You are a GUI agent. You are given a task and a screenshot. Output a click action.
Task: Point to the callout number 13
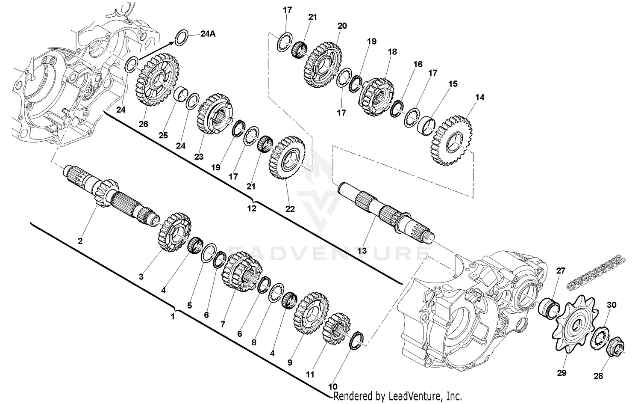[x=362, y=251]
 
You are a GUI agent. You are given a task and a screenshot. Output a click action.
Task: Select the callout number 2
[x=80, y=241]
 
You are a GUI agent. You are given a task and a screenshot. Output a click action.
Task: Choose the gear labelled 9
[x=312, y=313]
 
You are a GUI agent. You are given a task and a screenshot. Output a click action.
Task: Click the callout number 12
[x=252, y=208]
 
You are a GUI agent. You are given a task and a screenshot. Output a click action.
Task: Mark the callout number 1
[x=173, y=317]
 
